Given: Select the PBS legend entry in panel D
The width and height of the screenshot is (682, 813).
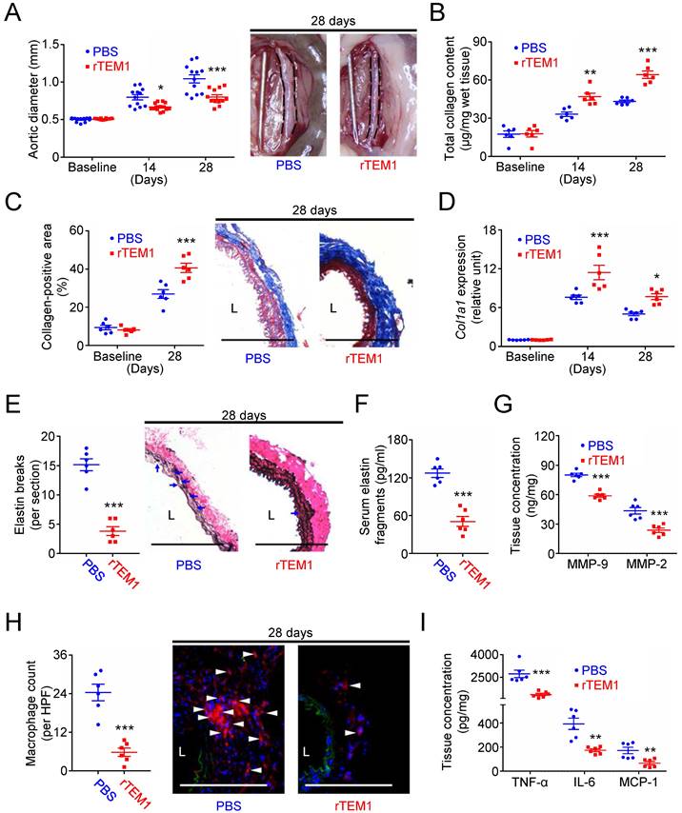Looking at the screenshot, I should [540, 240].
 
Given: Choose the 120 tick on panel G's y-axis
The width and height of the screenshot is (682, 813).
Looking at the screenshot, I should [515, 439].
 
